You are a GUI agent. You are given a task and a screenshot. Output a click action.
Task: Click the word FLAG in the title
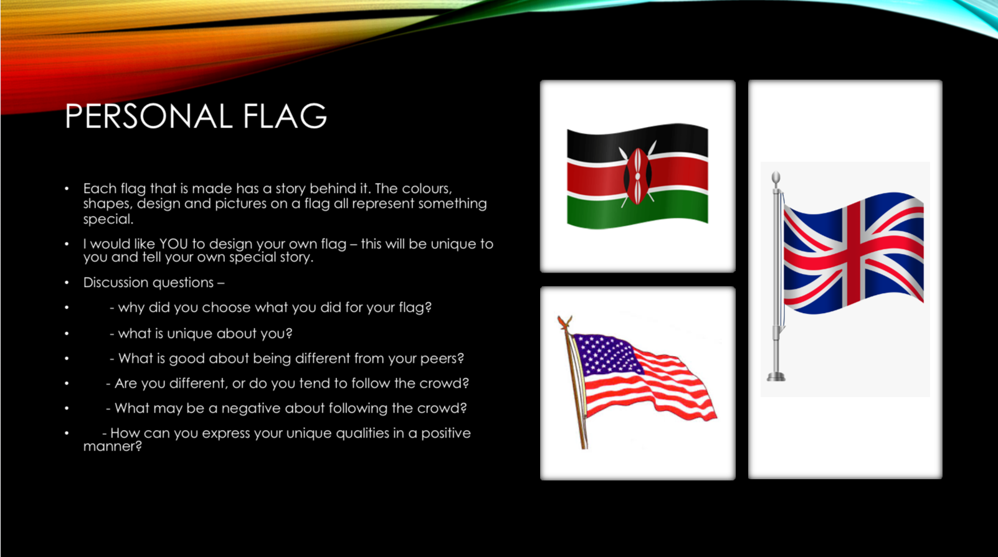click(285, 116)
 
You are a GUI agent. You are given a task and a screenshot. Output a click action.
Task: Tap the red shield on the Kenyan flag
click(637, 176)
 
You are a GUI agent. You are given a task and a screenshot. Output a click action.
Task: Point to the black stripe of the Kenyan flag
click(637, 141)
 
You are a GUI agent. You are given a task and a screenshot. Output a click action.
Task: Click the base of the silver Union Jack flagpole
click(776, 377)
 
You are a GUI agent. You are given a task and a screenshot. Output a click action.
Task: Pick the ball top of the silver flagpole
click(776, 178)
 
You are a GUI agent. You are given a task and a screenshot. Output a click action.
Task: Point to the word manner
click(112, 446)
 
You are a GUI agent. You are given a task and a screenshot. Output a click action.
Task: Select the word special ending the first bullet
click(108, 219)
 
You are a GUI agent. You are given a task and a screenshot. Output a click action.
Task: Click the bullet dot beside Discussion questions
click(67, 283)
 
